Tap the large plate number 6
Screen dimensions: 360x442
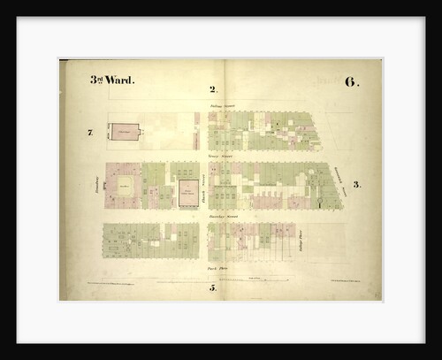click(351, 82)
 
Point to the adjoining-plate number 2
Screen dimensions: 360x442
click(213, 90)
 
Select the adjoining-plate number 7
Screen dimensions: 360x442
click(91, 134)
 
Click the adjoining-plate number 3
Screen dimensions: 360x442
click(355, 185)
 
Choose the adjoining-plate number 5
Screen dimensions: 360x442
click(213, 288)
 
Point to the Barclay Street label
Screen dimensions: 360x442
click(220, 214)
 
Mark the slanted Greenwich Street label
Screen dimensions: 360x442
click(339, 180)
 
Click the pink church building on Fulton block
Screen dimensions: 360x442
click(125, 134)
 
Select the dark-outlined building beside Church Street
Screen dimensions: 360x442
click(187, 188)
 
